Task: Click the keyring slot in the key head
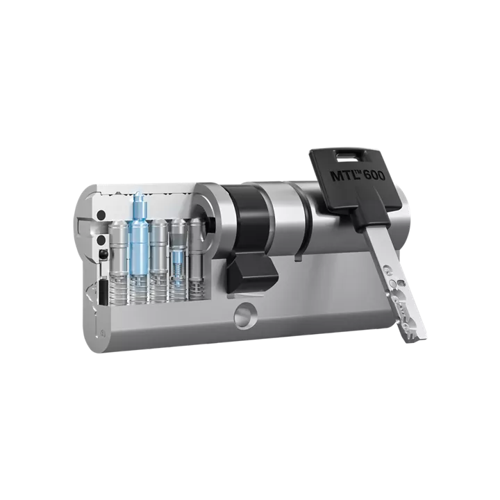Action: point(344,156)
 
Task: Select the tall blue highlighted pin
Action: point(139,235)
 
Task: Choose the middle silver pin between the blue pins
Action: point(159,248)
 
